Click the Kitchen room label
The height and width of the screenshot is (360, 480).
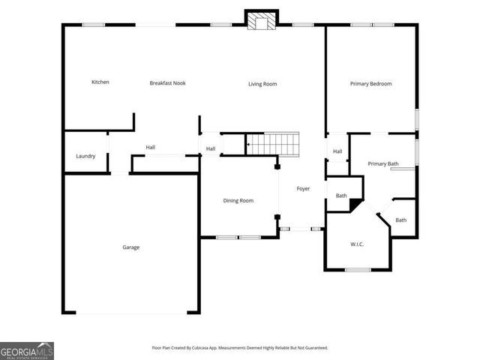tap(100, 82)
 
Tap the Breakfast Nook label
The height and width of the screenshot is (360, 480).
tap(167, 83)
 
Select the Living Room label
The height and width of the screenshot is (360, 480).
tap(262, 84)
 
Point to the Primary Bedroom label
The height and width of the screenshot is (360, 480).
tap(370, 84)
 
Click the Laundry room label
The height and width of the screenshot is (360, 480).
tap(85, 156)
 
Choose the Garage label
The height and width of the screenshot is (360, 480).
tap(131, 247)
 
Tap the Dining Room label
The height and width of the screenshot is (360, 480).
tap(238, 200)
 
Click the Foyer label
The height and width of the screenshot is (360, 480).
tap(303, 188)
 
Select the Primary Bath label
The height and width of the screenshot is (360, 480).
tap(382, 163)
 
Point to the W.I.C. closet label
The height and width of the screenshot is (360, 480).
tap(357, 244)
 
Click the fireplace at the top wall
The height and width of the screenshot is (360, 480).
tap(262, 22)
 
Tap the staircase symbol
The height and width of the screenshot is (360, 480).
tap(273, 142)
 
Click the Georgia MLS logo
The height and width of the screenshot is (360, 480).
tap(27, 351)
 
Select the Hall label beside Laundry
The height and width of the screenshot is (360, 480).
tap(151, 147)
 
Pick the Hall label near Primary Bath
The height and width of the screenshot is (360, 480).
tap(337, 151)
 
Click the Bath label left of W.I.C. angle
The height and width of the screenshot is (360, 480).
tap(341, 196)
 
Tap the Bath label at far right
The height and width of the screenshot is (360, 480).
tap(401, 220)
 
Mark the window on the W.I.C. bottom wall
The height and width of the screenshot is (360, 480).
tap(357, 269)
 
